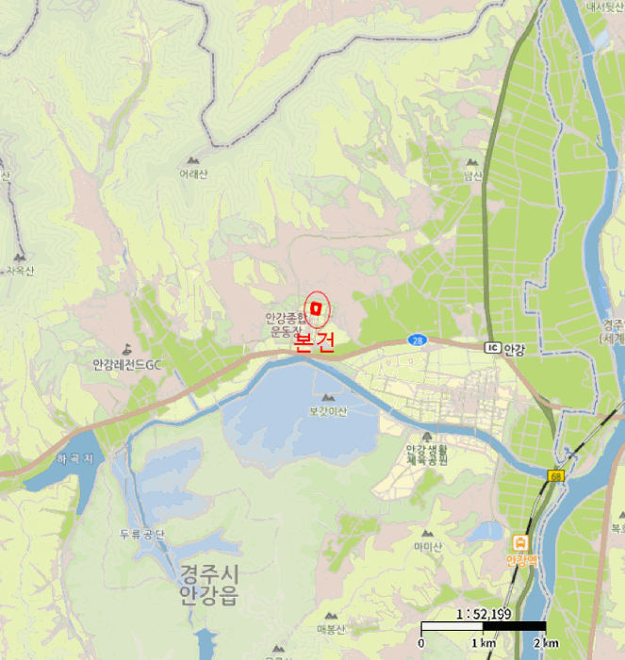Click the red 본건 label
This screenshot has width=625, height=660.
click(314, 341)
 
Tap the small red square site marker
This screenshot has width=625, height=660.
click(318, 307)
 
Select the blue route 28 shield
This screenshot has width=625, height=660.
click(416, 339)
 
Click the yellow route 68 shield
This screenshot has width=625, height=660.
click(558, 475)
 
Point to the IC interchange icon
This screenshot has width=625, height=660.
click(491, 348)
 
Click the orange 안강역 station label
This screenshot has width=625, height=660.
click(519, 560)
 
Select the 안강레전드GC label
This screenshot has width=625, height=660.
click(128, 365)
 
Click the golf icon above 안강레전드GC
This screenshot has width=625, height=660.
click(128, 349)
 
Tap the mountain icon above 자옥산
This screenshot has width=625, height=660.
click(20, 256)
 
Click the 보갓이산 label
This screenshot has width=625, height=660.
click(328, 411)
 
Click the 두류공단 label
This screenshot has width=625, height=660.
click(142, 535)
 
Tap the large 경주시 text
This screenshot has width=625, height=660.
click(209, 573)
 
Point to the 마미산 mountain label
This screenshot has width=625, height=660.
click(428, 546)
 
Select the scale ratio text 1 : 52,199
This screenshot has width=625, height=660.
click(484, 614)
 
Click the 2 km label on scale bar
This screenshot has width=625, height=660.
click(545, 643)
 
